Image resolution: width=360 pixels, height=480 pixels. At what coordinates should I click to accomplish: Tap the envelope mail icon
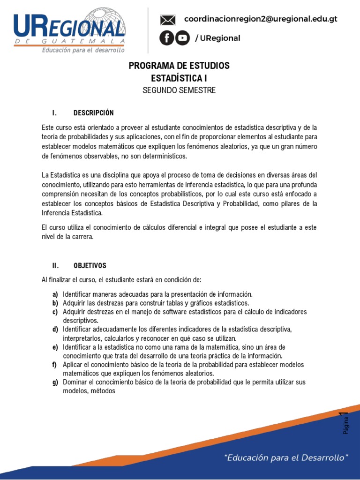coord(167,20)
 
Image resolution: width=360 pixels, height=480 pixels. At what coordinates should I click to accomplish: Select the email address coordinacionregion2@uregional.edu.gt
coord(261,19)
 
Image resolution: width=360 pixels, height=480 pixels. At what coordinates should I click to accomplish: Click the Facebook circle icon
coord(166,38)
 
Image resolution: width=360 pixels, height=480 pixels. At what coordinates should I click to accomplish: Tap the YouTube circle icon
coord(182,38)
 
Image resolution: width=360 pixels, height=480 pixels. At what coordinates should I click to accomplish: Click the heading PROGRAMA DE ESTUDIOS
coord(179,66)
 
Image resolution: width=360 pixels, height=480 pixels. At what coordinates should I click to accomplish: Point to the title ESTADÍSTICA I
coord(179,78)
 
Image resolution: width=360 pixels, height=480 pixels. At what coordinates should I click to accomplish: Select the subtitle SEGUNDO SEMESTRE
coord(179,90)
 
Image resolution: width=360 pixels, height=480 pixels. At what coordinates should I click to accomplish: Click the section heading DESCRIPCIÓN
coord(93,113)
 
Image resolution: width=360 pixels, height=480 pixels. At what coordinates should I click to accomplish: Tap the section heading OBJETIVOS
coord(90,266)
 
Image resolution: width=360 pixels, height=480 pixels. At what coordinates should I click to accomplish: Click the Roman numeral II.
coord(55,266)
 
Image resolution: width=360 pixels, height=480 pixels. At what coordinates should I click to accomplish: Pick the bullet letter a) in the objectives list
coord(55,294)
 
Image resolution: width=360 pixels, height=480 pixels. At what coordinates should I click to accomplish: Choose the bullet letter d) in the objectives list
coord(55,330)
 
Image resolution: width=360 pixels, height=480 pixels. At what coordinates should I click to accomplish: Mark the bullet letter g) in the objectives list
coord(55,382)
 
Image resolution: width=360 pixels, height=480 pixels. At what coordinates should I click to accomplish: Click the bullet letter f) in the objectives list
coord(55,365)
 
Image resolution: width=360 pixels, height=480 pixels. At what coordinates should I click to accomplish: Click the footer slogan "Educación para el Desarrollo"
coord(287,457)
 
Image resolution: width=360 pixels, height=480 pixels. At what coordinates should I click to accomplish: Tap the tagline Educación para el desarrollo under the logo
coord(83,50)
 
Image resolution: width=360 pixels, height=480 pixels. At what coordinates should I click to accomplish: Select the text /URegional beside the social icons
coord(217,38)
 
